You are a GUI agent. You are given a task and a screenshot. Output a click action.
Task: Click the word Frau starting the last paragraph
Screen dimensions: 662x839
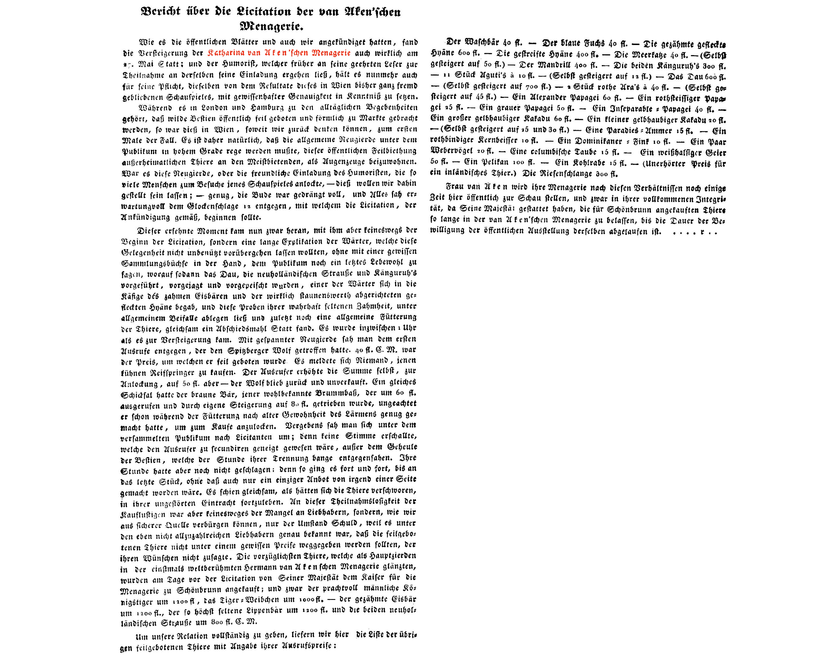[x=455, y=187]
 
